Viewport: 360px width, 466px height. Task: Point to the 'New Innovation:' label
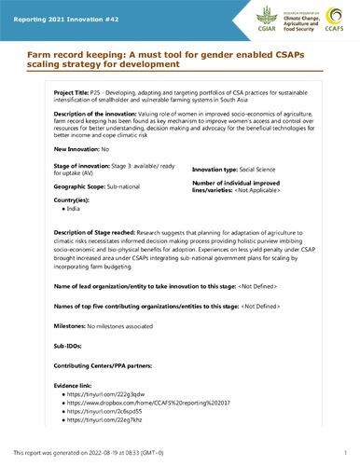(x=50, y=174)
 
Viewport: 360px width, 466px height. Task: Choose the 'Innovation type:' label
(x=219, y=198)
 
